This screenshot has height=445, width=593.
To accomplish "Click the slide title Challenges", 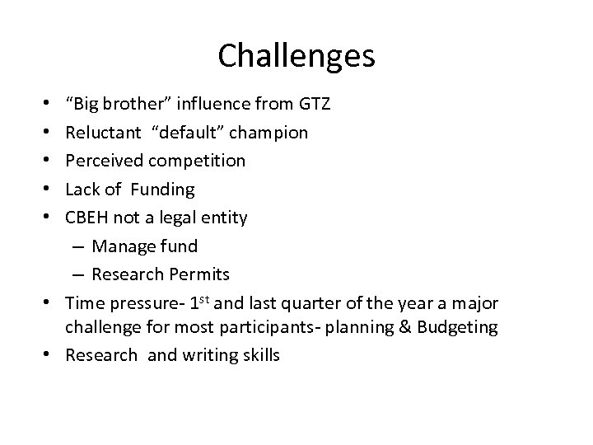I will coord(296,55).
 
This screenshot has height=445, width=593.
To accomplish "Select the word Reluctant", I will coord(103,132).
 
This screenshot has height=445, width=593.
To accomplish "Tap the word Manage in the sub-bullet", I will coord(123,246).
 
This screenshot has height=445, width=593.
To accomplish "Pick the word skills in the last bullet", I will coord(259,356).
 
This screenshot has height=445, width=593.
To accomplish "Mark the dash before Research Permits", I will coord(82,274).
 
